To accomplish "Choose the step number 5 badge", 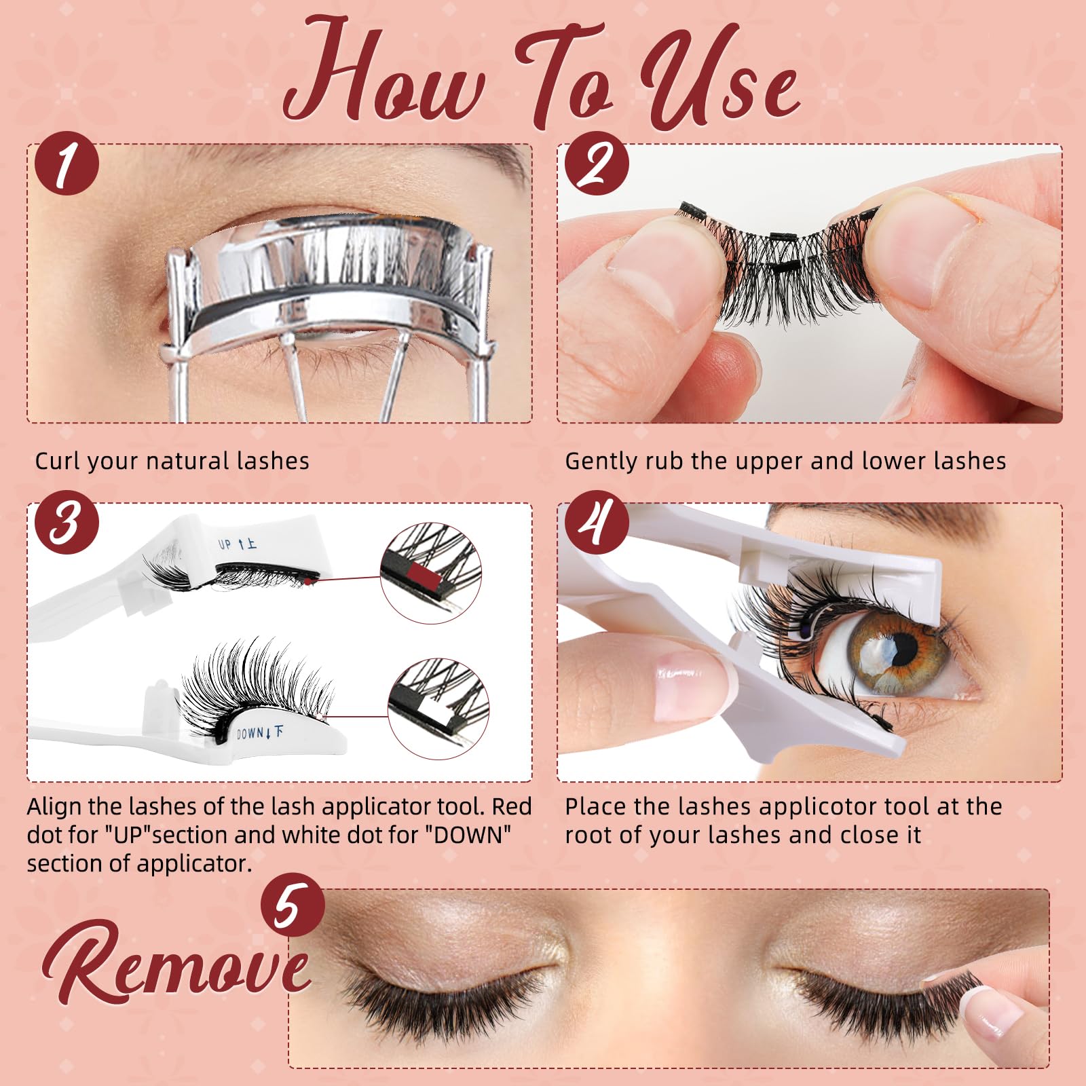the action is click(293, 907).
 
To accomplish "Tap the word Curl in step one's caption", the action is click(57, 462).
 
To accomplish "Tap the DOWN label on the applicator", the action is click(252, 733).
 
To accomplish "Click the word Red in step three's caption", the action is click(512, 807).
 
